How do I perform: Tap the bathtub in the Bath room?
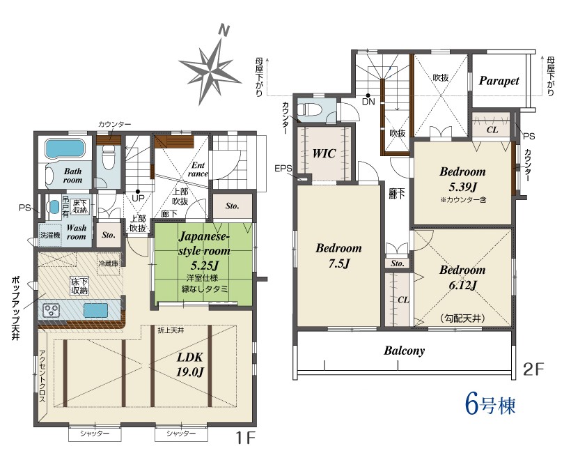coord(65,149)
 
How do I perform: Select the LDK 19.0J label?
coord(189,365)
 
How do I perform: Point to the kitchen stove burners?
coord(51,311)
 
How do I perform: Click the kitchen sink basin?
coord(96,310)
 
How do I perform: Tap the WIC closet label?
coord(324,153)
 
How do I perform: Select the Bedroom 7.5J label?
coord(338,255)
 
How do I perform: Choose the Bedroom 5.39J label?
coord(462,179)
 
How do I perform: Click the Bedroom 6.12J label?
coord(462,277)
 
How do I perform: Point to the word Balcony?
coord(404,351)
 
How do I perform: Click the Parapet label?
coord(499,81)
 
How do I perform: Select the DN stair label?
coord(368,102)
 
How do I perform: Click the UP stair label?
coord(138,198)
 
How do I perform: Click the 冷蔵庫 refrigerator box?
coord(109,263)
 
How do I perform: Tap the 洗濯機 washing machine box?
coord(50,236)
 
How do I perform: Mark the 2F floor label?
coord(533,370)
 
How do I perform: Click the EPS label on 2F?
coord(283,169)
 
